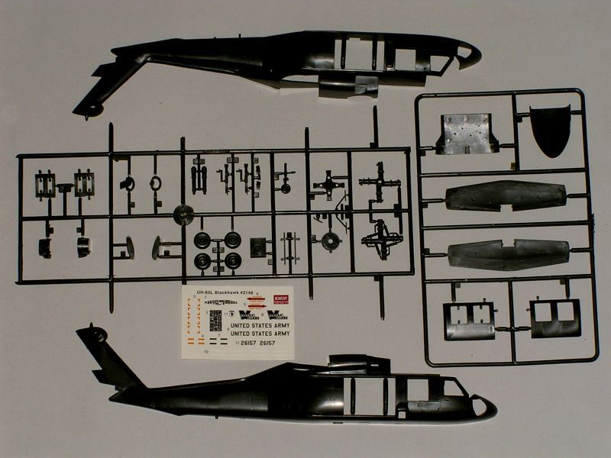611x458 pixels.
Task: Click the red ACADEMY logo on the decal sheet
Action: pos(280,300)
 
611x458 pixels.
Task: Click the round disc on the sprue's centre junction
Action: pos(183,214)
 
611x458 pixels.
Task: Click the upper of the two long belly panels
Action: pos(504,196)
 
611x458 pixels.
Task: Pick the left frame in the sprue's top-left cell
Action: pos(45,183)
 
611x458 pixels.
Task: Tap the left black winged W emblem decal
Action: pos(249,314)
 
